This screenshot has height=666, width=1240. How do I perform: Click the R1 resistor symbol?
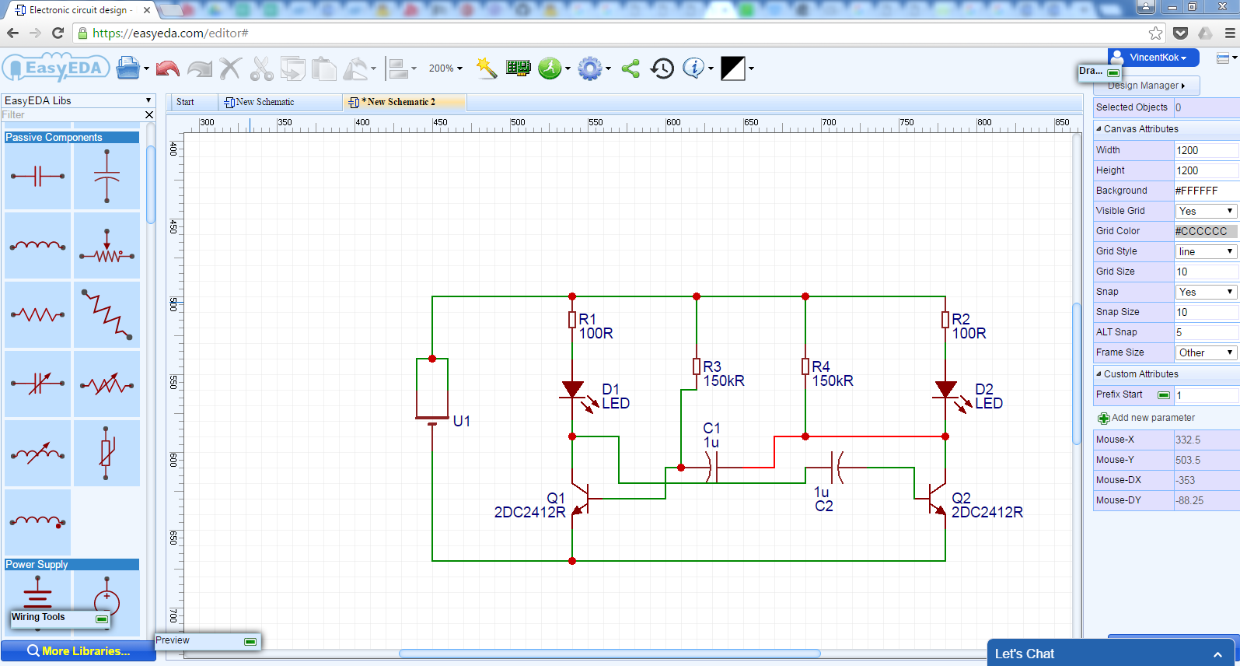click(x=572, y=320)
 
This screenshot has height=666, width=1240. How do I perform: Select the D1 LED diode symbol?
click(x=573, y=389)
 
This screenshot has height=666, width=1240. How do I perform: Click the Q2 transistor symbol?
click(x=936, y=499)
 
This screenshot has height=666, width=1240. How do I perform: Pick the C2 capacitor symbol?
click(x=837, y=468)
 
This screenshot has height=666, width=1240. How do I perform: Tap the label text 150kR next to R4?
click(x=833, y=380)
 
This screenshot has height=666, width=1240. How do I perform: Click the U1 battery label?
click(x=462, y=421)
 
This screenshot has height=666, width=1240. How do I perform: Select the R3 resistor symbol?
click(x=697, y=366)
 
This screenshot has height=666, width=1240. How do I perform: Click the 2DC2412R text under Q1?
click(x=529, y=512)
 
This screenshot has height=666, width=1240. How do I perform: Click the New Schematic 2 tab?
click(x=400, y=102)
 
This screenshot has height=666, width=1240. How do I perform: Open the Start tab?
click(x=185, y=102)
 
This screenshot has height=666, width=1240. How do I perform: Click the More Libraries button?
click(x=78, y=651)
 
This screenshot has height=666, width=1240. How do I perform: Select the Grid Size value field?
click(x=1205, y=272)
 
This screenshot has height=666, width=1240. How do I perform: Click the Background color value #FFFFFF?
click(x=1205, y=191)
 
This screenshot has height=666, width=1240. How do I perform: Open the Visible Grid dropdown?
click(x=1206, y=211)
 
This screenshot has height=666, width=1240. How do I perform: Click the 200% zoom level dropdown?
click(x=445, y=68)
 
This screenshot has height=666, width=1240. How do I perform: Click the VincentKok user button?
click(x=1154, y=58)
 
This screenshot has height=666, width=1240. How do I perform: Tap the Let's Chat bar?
click(x=1112, y=654)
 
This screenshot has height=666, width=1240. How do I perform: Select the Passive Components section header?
click(x=72, y=137)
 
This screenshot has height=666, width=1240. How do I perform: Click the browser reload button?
click(x=58, y=33)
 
